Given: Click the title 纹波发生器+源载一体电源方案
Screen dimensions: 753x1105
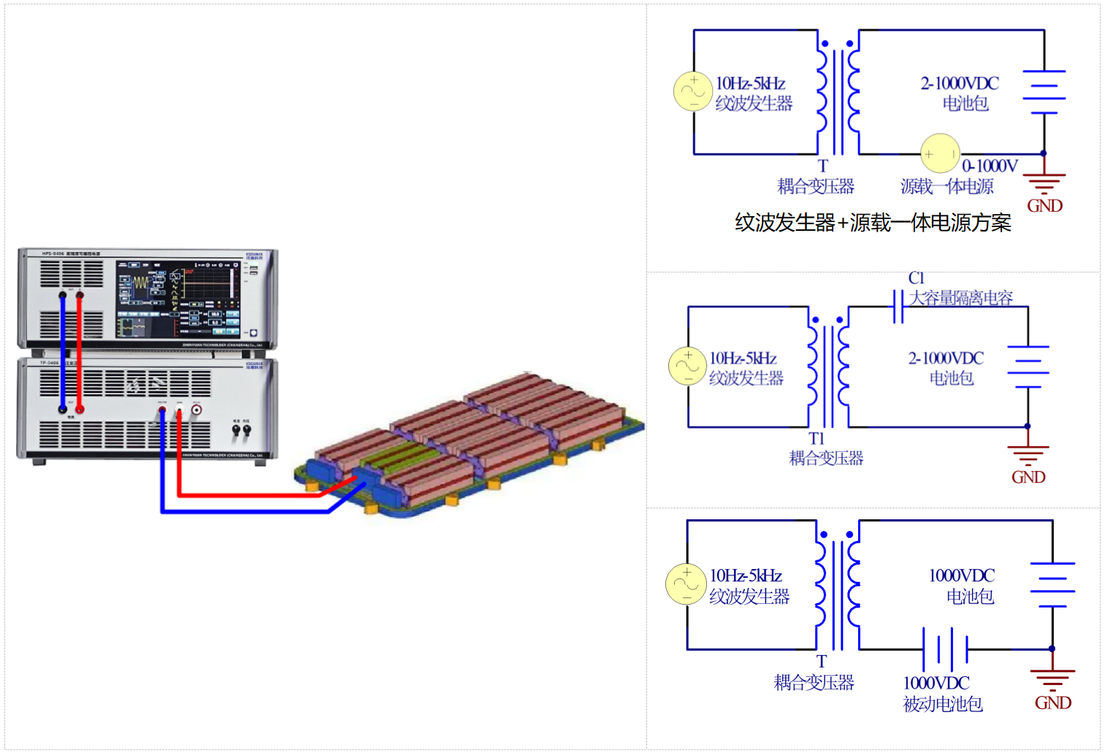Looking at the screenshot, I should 873,223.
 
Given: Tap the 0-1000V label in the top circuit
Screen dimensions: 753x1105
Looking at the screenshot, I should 990,167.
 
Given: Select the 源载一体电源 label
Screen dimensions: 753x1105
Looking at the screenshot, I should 947,187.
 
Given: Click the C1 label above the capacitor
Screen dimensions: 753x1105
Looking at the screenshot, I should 916,278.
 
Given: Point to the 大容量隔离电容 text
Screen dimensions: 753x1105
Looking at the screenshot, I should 961,298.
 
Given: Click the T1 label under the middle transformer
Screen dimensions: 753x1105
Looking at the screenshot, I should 817,438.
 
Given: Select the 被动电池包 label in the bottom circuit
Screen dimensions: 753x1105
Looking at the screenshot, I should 943,704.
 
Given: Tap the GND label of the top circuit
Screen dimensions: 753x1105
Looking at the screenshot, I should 1044,206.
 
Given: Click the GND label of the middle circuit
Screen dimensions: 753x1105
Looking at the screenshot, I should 1028,478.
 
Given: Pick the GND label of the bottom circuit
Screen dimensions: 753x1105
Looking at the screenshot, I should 1053,703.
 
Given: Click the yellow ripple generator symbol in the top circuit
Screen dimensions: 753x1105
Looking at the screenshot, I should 692,92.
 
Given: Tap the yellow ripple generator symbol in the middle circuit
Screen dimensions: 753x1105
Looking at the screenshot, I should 687,366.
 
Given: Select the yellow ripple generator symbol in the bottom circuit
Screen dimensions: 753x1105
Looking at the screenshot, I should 685,584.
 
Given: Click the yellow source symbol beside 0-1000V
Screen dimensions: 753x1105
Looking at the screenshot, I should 940,153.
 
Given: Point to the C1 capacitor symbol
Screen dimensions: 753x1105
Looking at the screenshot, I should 898,307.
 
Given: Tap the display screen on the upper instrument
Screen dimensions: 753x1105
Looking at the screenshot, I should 177,298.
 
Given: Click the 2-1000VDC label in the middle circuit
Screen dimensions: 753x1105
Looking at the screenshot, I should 946,359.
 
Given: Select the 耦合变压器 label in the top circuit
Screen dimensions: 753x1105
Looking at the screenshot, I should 816,187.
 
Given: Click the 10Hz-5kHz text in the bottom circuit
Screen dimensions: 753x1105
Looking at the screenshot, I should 746,576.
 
